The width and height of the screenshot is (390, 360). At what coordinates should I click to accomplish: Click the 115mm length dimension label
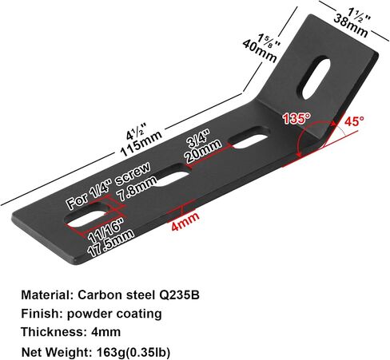tap(141, 144)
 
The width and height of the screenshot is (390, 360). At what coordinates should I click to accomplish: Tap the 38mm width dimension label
tap(351, 26)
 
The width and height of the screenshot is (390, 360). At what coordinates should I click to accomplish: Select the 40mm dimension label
tap(260, 51)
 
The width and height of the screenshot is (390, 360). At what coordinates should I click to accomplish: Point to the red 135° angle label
tap(296, 118)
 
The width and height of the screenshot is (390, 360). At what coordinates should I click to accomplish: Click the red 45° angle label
tap(354, 121)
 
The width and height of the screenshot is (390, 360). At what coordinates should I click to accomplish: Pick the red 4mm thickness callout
tap(185, 221)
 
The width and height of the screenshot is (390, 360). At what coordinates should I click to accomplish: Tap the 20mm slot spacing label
tap(204, 152)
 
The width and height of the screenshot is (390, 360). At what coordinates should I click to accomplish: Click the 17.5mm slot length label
tap(110, 243)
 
